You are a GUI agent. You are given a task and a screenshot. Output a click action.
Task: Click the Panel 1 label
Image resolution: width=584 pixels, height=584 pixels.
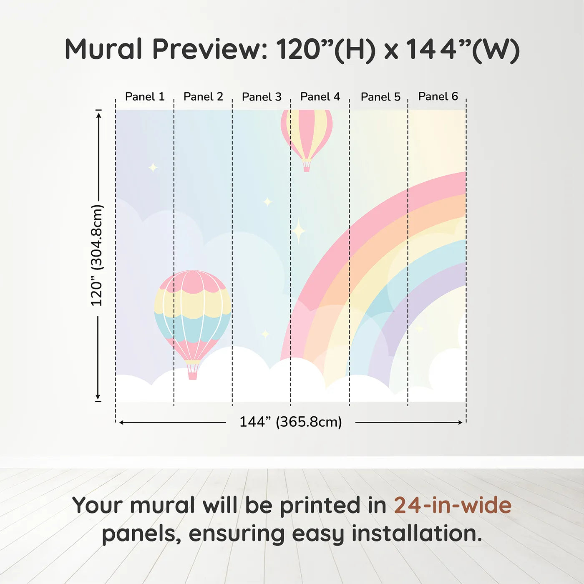(145, 97)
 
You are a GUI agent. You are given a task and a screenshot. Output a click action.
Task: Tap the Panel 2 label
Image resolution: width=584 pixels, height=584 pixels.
(203, 97)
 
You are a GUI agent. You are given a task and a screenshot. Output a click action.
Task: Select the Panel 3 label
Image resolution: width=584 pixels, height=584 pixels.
(262, 97)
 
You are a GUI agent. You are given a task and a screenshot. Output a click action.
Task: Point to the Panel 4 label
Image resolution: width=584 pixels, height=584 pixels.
(320, 97)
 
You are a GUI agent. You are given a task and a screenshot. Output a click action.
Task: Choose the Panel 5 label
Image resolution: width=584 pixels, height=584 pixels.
(381, 97)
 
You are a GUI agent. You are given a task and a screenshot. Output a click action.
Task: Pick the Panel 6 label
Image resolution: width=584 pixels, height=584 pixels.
(438, 96)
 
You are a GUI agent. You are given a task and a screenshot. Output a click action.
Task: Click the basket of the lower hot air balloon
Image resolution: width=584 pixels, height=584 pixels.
(192, 376)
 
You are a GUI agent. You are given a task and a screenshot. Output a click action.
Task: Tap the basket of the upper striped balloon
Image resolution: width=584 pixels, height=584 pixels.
(307, 168)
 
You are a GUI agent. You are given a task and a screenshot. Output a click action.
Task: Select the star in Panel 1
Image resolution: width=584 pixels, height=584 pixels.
(153, 167)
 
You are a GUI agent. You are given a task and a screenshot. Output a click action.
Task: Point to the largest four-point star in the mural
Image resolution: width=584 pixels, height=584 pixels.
(299, 231)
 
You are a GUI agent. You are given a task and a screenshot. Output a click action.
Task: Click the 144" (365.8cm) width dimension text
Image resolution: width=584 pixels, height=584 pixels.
(291, 422)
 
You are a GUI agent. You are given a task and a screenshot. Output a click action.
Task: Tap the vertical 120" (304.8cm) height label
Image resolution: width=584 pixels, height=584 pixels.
(97, 255)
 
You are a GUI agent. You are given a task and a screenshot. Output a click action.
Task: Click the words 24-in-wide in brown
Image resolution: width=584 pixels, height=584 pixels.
(453, 505)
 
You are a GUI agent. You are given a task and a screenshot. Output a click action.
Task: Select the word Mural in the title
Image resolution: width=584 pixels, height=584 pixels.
(103, 49)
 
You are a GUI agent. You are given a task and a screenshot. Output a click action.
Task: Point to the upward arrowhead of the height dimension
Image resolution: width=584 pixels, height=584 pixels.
(98, 115)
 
